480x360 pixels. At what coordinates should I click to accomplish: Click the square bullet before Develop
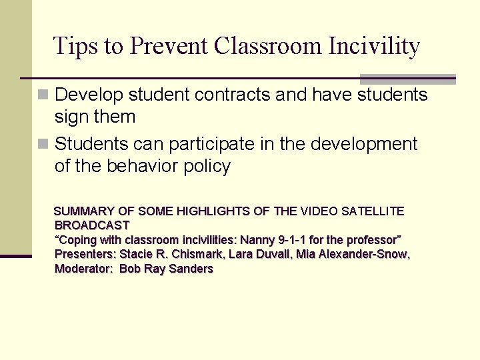point(44,95)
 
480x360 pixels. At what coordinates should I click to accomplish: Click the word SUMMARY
point(85,211)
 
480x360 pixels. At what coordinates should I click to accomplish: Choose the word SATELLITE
point(373,211)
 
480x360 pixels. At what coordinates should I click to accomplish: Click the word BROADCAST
point(92,225)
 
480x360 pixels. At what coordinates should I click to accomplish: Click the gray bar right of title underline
point(407,79)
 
